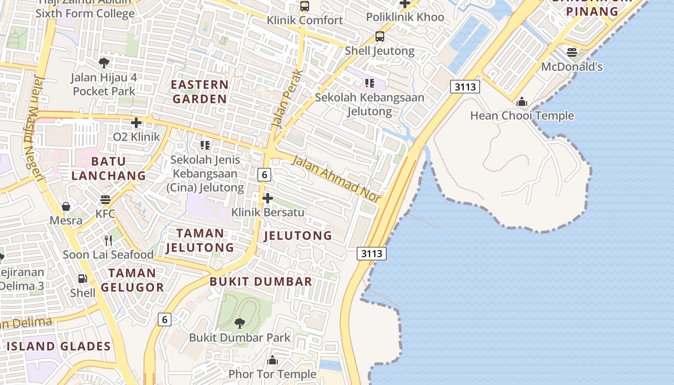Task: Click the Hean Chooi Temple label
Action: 522,115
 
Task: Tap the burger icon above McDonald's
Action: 572,52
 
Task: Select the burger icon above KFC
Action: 105,199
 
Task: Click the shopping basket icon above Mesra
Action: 66,206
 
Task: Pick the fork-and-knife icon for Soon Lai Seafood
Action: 108,240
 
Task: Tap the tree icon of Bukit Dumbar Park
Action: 239,323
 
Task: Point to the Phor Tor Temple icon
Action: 272,360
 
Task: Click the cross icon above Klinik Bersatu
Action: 268,198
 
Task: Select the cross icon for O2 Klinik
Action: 136,123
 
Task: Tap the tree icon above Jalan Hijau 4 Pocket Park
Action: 104,63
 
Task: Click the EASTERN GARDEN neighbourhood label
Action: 200,92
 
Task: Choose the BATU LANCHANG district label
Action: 108,168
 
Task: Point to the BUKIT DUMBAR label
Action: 261,282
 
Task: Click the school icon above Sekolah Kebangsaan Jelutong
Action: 369,83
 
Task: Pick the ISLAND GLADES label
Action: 59,346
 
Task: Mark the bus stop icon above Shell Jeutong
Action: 380,37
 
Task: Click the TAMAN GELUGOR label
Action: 132,280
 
